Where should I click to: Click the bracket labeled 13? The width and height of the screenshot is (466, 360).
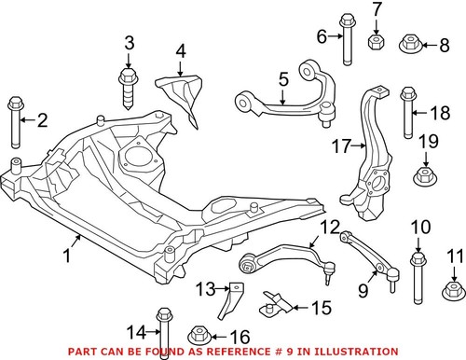(x=226, y=301)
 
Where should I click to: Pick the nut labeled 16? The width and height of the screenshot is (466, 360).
(x=200, y=335)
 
